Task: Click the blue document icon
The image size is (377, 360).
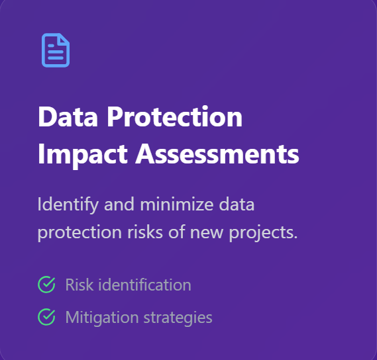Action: pyautogui.click(x=56, y=50)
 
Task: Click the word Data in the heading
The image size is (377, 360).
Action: pyautogui.click(x=68, y=117)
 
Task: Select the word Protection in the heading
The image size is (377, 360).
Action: pyautogui.click(x=174, y=116)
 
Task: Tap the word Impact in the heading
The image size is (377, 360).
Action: pyautogui.click(x=82, y=155)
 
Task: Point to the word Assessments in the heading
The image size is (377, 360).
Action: pyautogui.click(x=217, y=154)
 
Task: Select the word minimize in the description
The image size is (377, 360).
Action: pyautogui.click(x=177, y=204)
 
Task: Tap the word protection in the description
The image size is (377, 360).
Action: pyautogui.click(x=80, y=232)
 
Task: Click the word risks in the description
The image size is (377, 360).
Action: pyautogui.click(x=145, y=232)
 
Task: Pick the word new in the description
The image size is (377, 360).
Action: pyautogui.click(x=207, y=233)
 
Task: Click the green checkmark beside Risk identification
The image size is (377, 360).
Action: pyautogui.click(x=46, y=285)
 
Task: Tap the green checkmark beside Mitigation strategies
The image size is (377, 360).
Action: pyautogui.click(x=46, y=317)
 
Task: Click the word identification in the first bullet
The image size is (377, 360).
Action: pyautogui.click(x=145, y=285)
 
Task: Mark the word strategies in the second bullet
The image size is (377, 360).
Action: pyautogui.click(x=178, y=318)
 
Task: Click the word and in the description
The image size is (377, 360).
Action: pyautogui.click(x=119, y=204)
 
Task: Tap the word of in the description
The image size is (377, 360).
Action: pyautogui.click(x=177, y=232)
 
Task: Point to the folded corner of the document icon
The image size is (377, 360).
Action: pyautogui.click(x=64, y=39)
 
